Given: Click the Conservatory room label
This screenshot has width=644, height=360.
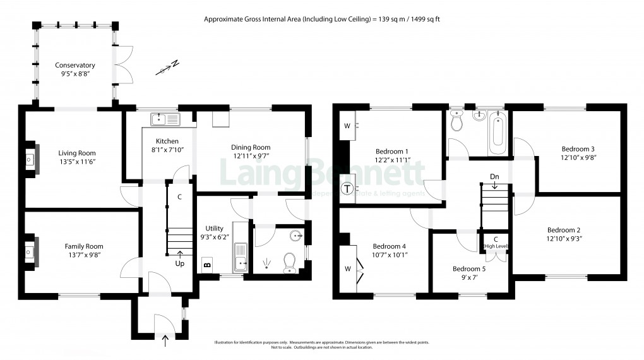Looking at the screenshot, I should [x=75, y=65].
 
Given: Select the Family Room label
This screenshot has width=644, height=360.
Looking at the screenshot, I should [x=83, y=246].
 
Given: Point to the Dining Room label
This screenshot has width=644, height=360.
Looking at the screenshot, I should [x=251, y=147].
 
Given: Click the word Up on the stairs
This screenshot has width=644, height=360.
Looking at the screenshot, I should [x=180, y=263].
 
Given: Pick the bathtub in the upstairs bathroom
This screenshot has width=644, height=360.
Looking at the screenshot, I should [x=498, y=133].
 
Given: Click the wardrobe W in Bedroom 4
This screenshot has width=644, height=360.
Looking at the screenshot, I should [x=347, y=268].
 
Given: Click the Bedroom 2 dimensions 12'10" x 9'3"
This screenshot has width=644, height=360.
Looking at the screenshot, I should [x=564, y=239].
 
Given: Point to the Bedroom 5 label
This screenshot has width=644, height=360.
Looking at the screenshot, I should [x=470, y=268].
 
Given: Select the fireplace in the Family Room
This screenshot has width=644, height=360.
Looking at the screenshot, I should [x=30, y=253].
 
